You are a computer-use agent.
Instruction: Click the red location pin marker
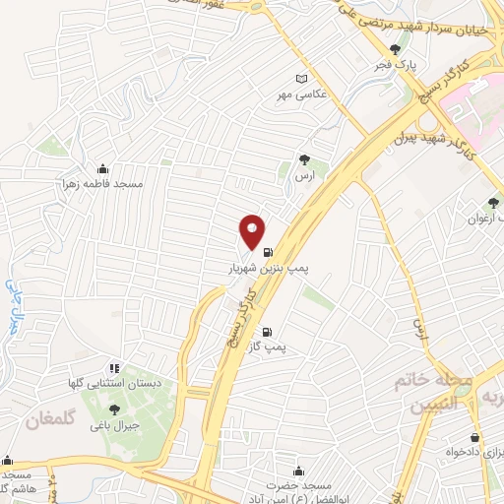[252, 232]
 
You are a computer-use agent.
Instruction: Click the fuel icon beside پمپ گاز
[266, 332]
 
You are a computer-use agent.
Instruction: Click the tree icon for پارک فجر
[396, 48]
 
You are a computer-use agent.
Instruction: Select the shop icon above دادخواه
[475, 437]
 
